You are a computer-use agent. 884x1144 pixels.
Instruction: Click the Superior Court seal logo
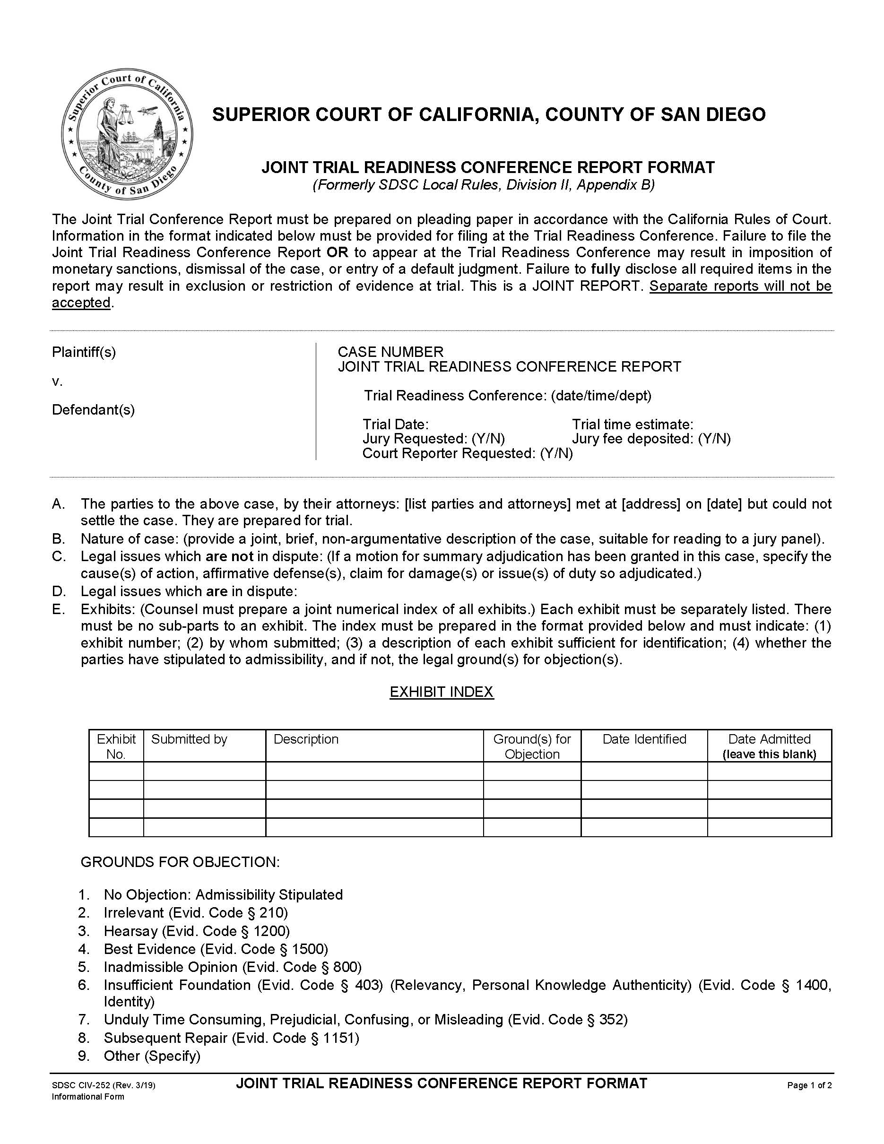click(127, 135)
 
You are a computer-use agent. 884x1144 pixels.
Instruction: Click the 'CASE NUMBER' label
click(390, 352)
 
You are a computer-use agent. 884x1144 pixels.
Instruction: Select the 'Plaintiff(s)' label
click(84, 352)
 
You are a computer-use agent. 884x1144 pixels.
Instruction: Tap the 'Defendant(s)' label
click(93, 410)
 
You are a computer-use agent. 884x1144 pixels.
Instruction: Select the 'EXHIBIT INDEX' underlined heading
click(442, 692)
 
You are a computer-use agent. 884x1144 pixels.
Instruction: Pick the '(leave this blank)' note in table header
click(769, 754)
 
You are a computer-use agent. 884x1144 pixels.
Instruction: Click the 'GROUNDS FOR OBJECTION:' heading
click(180, 862)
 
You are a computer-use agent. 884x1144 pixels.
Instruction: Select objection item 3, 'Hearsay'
click(196, 931)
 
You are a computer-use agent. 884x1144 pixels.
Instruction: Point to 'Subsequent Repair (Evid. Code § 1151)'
click(231, 1038)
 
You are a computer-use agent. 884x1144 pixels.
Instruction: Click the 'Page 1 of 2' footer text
click(809, 1085)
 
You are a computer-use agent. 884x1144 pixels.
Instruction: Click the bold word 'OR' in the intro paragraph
click(337, 252)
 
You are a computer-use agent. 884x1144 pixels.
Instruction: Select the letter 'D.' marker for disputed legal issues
click(59, 591)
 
